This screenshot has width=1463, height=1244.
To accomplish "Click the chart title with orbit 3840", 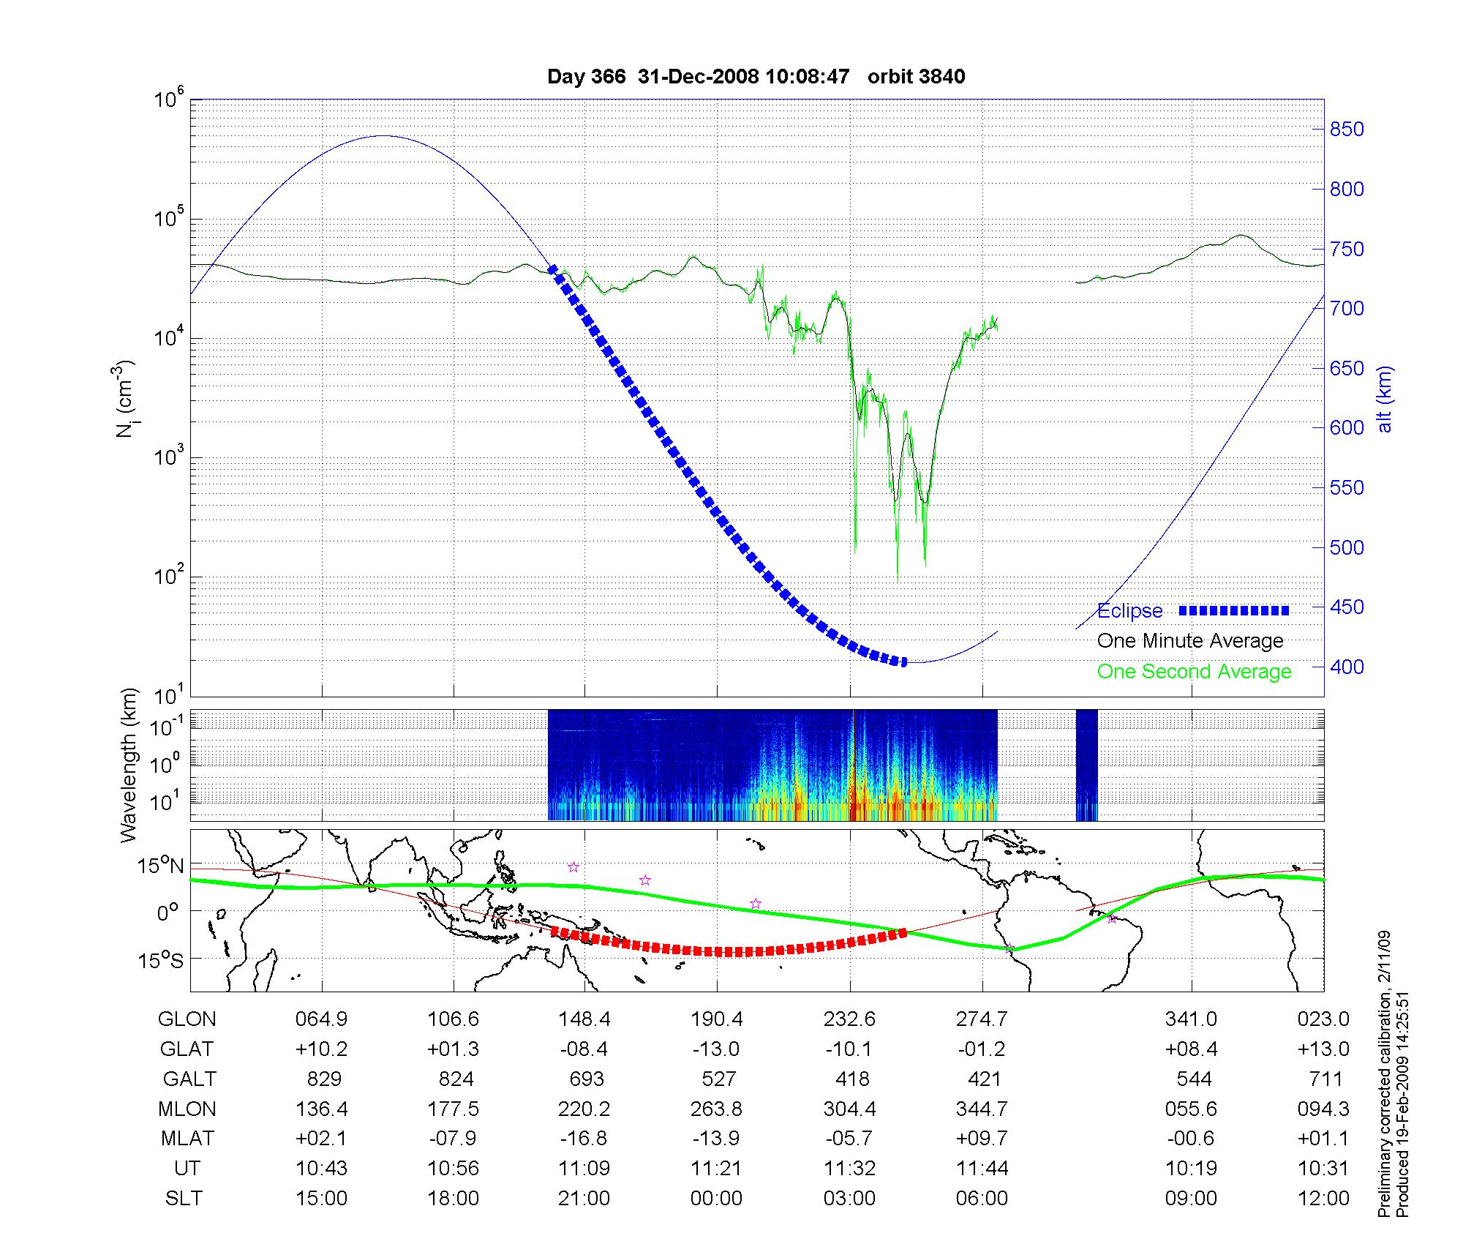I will (x=756, y=76).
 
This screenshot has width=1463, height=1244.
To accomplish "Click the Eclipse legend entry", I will (x=1129, y=611).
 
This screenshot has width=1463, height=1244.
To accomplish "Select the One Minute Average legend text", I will (x=1190, y=641).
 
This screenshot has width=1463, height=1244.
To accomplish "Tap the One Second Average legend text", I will (x=1194, y=672).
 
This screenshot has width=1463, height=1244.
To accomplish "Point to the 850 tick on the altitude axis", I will (x=1347, y=130).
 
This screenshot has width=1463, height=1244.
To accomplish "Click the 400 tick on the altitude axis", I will (x=1347, y=667).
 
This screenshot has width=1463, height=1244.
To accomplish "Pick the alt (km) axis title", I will (x=1385, y=399).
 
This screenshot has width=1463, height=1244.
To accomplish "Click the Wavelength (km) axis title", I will (x=129, y=765).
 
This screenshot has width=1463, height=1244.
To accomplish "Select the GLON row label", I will (x=187, y=1019).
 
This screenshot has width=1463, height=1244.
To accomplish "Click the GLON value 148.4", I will (x=584, y=1019).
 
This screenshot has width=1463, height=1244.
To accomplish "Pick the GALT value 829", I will (x=323, y=1079).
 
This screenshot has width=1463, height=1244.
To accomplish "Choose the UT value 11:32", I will (x=849, y=1169).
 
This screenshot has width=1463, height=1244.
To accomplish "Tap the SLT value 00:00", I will (x=716, y=1199).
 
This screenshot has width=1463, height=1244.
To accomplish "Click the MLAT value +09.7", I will (x=982, y=1139).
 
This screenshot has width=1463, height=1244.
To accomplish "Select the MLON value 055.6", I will (x=1191, y=1109).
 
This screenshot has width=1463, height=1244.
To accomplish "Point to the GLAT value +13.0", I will (x=1323, y=1049).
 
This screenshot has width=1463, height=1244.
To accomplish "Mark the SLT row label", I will (x=184, y=1199).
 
